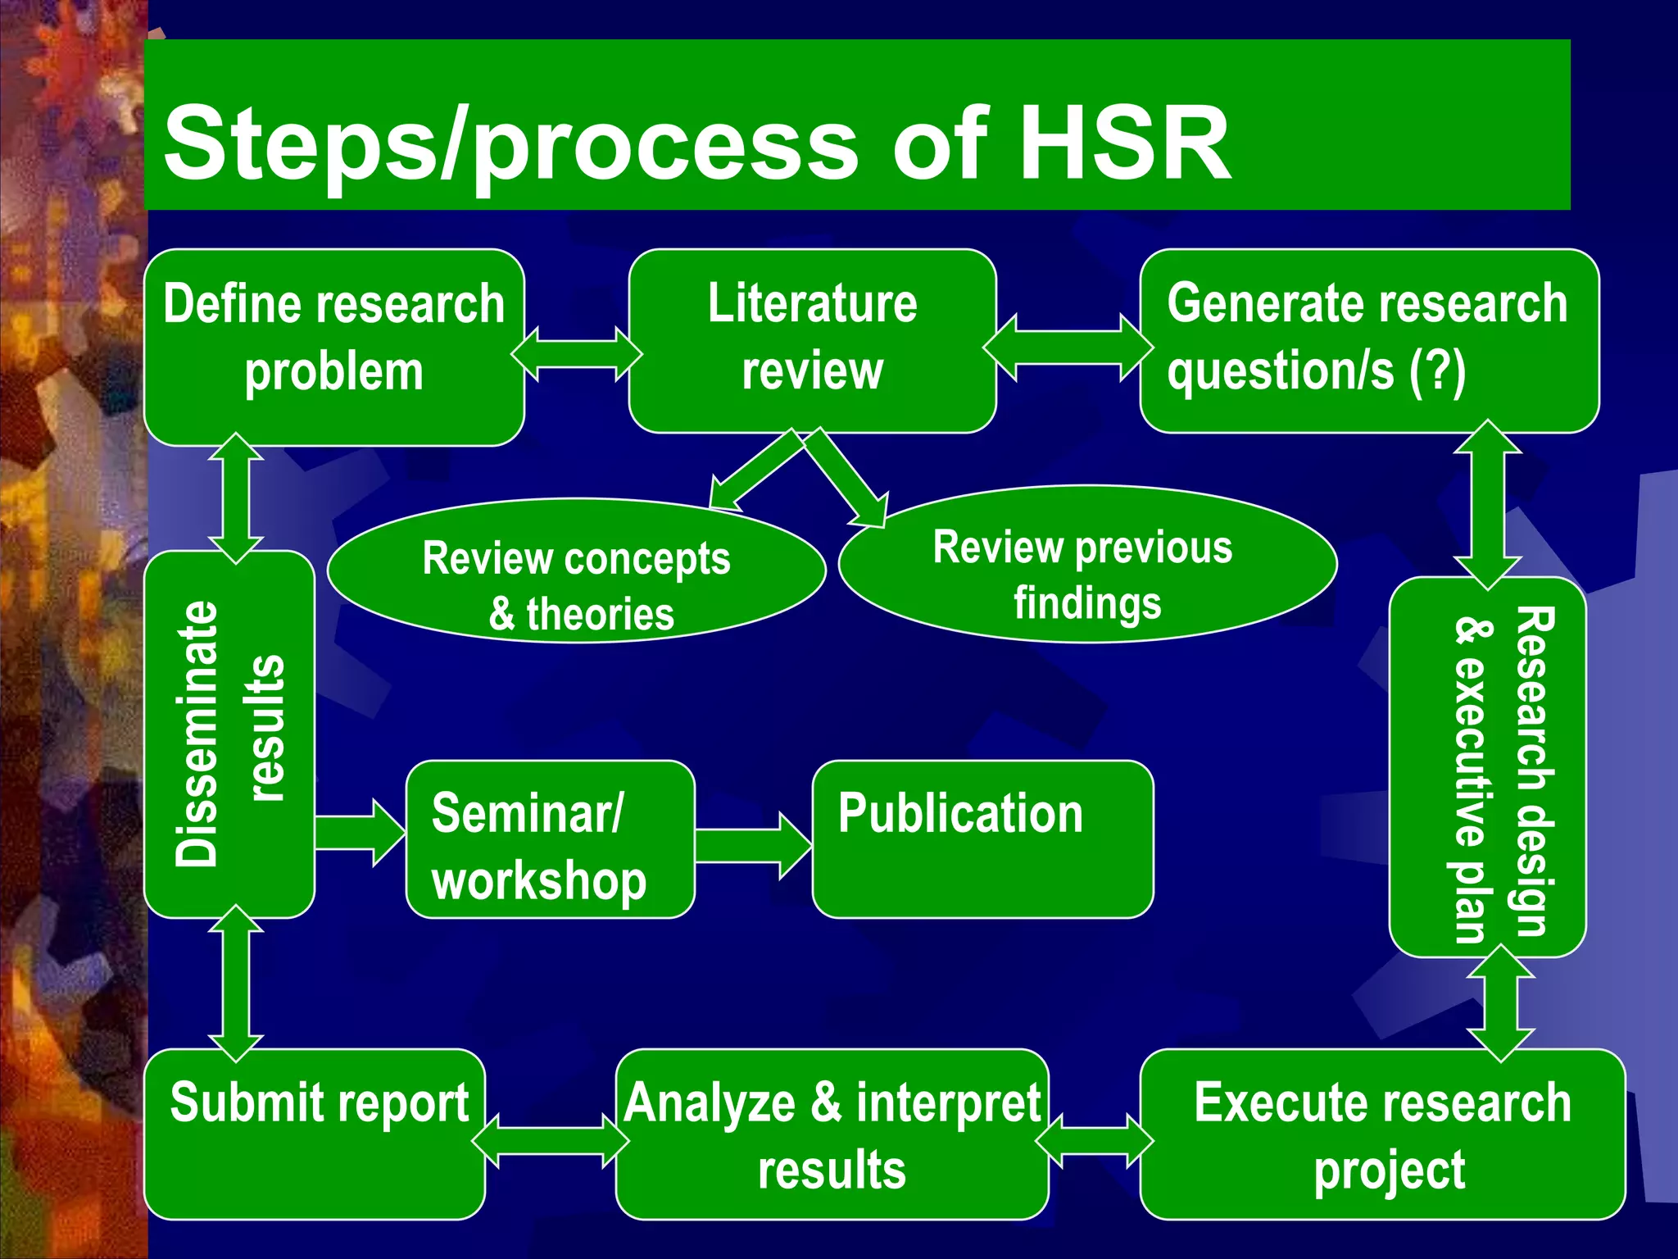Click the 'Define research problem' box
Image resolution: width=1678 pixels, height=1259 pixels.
pos(334,347)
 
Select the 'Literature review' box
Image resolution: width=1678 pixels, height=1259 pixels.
pos(812,340)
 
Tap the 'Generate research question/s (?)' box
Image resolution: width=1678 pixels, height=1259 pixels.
pos(1368,340)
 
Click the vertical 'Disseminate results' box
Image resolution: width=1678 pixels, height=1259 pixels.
pos(229,734)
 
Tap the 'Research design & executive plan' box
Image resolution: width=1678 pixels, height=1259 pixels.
pos(1487,766)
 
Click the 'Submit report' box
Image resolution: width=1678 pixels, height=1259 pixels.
pos(315,1134)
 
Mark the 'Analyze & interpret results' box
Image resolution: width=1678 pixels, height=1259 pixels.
pos(832,1134)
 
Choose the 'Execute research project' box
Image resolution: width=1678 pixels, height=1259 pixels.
pos(1382,1134)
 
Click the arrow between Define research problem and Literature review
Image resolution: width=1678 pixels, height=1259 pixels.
pos(577,354)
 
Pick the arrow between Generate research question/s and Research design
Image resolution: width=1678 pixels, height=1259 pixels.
pos(1487,504)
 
